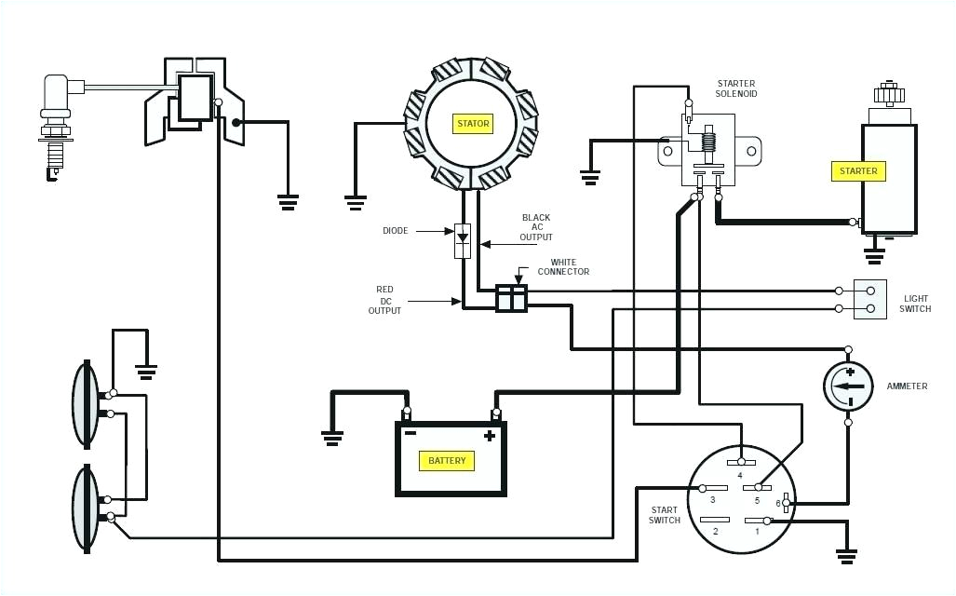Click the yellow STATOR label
click(x=472, y=123)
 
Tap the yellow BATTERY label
click(x=447, y=461)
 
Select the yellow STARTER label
click(x=858, y=171)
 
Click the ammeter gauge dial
click(x=848, y=386)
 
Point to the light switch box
click(x=870, y=299)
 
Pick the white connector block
click(x=511, y=298)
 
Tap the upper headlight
click(x=86, y=402)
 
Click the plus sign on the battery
click(x=489, y=436)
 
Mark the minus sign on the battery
click(x=409, y=434)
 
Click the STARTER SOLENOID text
click(x=735, y=88)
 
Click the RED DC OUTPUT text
click(x=384, y=300)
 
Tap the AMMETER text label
click(x=907, y=386)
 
